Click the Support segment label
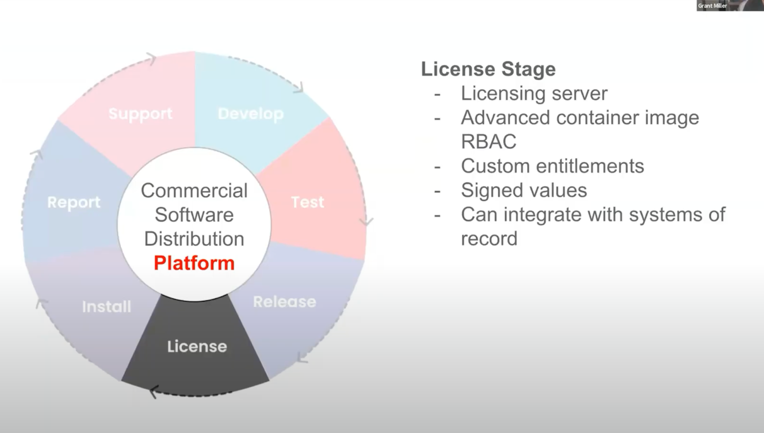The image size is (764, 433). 140,114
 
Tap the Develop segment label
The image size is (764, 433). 251,114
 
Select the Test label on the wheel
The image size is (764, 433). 308,202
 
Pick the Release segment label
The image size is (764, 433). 285,302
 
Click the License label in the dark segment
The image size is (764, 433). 197,346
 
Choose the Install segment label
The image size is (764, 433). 106,306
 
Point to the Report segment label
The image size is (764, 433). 74,202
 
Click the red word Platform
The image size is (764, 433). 194,263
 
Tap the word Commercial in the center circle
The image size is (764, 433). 194,190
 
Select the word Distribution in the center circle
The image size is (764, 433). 194,239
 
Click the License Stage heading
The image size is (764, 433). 488,69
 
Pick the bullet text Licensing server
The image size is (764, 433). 534,94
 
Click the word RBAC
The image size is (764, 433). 488,142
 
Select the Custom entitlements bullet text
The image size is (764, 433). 552,166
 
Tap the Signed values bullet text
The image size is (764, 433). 524,190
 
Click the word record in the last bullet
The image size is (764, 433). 489,239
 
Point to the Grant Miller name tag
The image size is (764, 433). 712,6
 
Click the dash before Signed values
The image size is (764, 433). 437,191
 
